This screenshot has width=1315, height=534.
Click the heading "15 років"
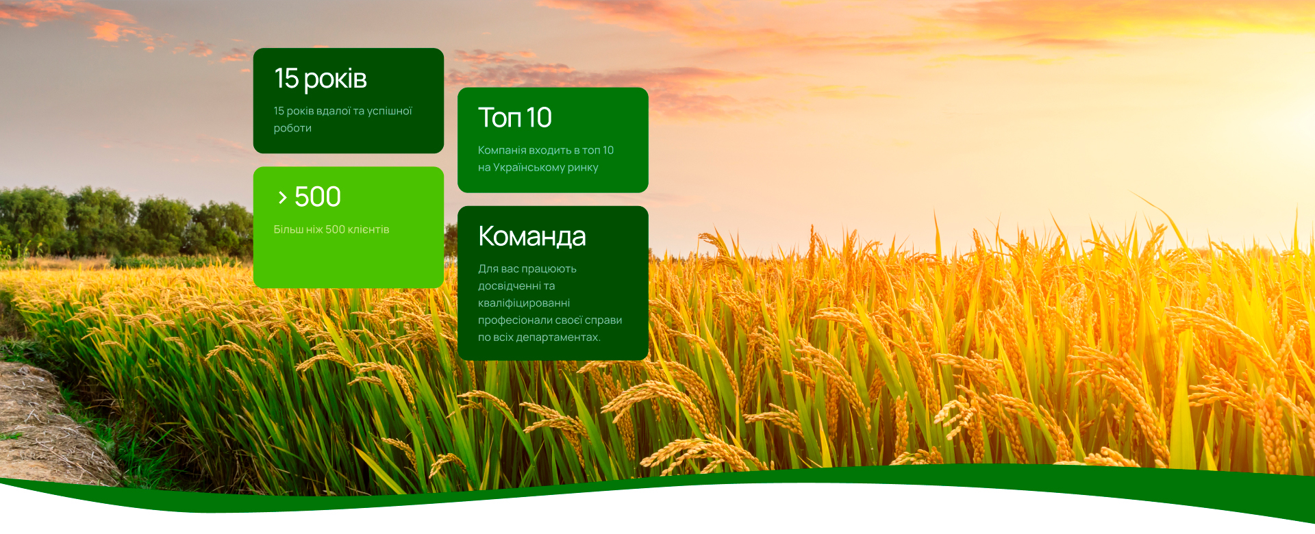(321, 79)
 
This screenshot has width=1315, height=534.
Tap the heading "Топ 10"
(514, 118)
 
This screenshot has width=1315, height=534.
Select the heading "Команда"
(532, 237)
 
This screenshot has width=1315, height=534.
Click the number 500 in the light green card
(318, 197)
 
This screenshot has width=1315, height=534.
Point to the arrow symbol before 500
(282, 198)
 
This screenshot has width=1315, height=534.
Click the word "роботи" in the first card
(292, 128)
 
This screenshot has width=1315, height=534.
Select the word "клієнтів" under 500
(368, 229)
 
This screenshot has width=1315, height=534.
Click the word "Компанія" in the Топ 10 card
(502, 150)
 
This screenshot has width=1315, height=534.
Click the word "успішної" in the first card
(390, 111)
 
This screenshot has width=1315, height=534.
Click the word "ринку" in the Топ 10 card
(583, 168)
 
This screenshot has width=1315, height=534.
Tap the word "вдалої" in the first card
(334, 111)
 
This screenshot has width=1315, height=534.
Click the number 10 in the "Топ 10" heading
(540, 118)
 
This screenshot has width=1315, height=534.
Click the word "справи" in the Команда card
(603, 320)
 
